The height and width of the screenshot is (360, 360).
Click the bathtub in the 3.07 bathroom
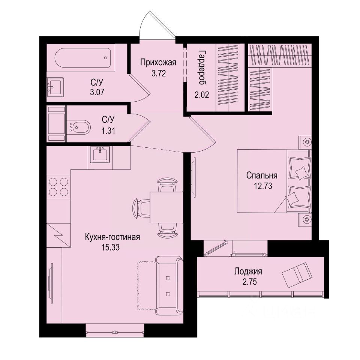(x=83, y=58)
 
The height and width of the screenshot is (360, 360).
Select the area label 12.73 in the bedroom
(x=262, y=184)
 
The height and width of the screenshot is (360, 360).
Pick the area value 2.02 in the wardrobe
(x=202, y=94)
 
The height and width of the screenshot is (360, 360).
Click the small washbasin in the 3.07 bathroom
(x=55, y=88)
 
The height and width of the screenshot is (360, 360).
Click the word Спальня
(x=262, y=175)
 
